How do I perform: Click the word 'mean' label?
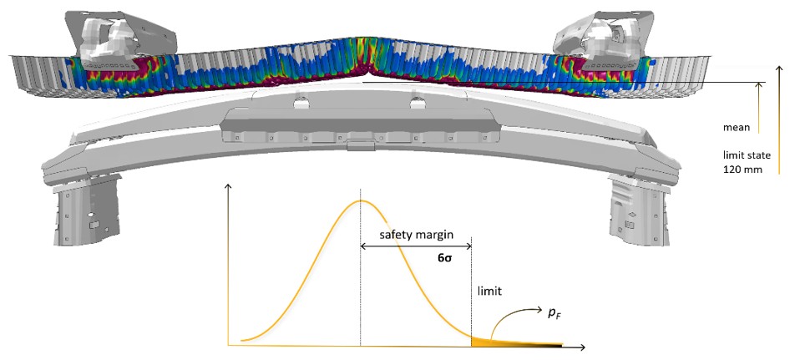(x=737, y=128)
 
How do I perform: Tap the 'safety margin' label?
(x=417, y=236)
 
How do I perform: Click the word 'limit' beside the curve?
(x=490, y=292)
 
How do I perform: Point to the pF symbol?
(x=552, y=313)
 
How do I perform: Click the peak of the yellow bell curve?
(x=361, y=200)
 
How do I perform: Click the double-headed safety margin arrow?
(x=415, y=246)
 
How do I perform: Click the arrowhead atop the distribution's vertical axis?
(x=227, y=186)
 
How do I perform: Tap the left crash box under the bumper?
(x=86, y=209)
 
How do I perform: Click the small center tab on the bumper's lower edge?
(x=361, y=146)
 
